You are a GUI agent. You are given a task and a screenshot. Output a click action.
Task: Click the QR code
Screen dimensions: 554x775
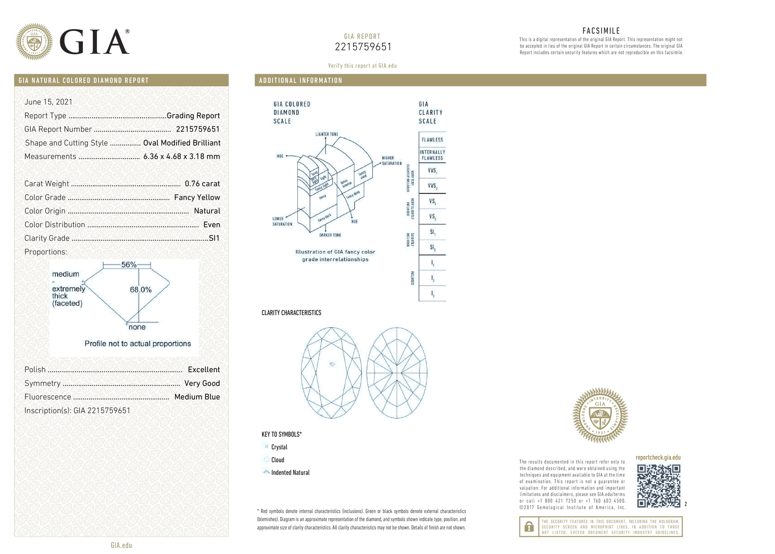pyautogui.click(x=658, y=486)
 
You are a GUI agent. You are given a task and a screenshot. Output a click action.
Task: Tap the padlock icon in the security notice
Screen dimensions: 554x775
pyautogui.click(x=528, y=527)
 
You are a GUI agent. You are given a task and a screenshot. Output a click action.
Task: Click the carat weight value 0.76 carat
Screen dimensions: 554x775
pyautogui.click(x=202, y=184)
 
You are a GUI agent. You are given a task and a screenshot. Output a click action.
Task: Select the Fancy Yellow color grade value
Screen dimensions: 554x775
pyautogui.click(x=197, y=197)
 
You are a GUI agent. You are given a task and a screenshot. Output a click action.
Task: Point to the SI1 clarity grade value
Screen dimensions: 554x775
pyautogui.click(x=214, y=238)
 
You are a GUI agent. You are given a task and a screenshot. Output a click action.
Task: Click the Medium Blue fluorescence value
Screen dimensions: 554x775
pyautogui.click(x=197, y=397)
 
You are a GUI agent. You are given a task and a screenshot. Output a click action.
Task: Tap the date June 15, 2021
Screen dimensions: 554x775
pyautogui.click(x=48, y=102)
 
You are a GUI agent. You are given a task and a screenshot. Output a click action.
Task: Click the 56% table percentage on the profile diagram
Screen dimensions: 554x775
pyautogui.click(x=129, y=265)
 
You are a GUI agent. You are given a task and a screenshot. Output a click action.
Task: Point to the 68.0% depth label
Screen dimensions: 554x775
pyautogui.click(x=141, y=290)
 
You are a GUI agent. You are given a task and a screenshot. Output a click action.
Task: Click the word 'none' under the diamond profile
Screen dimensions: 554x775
pyautogui.click(x=137, y=327)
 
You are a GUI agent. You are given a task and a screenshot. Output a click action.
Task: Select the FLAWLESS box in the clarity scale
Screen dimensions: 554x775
pyautogui.click(x=432, y=140)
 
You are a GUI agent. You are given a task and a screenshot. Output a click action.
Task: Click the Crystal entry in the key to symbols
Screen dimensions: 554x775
pyautogui.click(x=279, y=447)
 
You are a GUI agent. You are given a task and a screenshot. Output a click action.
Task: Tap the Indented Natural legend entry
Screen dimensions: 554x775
pyautogui.click(x=290, y=472)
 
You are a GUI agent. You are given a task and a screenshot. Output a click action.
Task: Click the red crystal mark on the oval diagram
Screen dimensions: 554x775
pyautogui.click(x=332, y=364)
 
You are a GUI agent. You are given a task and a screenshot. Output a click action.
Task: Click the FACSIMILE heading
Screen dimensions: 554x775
pyautogui.click(x=601, y=31)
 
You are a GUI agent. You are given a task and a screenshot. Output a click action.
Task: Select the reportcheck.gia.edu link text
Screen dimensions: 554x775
pyautogui.click(x=658, y=457)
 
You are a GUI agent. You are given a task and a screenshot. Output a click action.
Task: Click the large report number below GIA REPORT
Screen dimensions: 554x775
pyautogui.click(x=363, y=47)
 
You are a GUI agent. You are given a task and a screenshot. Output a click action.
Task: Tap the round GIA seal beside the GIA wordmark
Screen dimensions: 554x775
pyautogui.click(x=34, y=42)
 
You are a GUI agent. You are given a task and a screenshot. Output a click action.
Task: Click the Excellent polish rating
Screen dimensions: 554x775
pyautogui.click(x=203, y=370)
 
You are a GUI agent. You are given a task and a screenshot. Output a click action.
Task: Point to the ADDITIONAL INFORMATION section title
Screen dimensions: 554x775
pyautogui.click(x=300, y=80)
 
